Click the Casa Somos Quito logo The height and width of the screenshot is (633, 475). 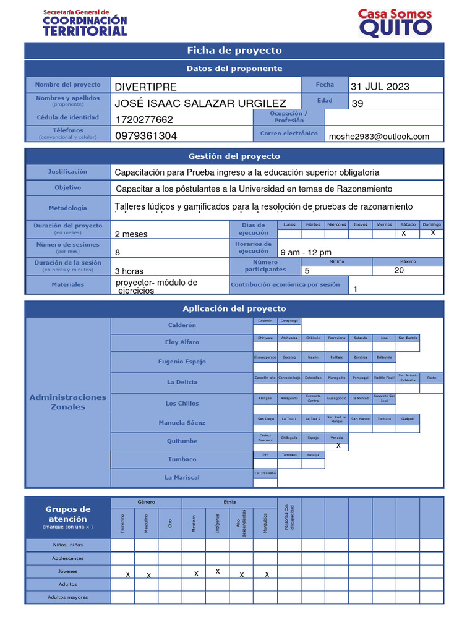click(395, 23)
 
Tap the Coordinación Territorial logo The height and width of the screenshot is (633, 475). click(85, 23)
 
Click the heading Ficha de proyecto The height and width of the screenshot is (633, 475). click(234, 51)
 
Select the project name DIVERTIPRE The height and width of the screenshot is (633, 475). click(146, 87)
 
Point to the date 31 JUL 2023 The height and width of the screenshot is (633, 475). click(380, 87)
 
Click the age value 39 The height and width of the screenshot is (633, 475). click(357, 104)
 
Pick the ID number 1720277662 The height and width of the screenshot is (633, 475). click(145, 119)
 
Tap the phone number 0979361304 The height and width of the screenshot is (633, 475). click(146, 136)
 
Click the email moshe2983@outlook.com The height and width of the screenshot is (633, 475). click(379, 137)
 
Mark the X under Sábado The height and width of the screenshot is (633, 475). click(404, 233)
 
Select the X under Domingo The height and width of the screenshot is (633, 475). click(433, 233)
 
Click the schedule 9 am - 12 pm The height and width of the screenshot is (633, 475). click(306, 252)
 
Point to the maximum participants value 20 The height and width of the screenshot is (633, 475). click(399, 270)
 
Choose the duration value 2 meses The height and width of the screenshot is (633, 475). click(131, 234)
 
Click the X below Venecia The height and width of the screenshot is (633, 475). click(338, 446)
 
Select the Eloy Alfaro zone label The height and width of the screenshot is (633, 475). click(182, 342)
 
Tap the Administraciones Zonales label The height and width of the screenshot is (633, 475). click(67, 402)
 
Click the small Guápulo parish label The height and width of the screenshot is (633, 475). click(408, 418)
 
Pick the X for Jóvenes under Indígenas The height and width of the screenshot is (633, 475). click(218, 572)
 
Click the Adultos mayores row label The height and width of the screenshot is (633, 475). click(68, 597)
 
